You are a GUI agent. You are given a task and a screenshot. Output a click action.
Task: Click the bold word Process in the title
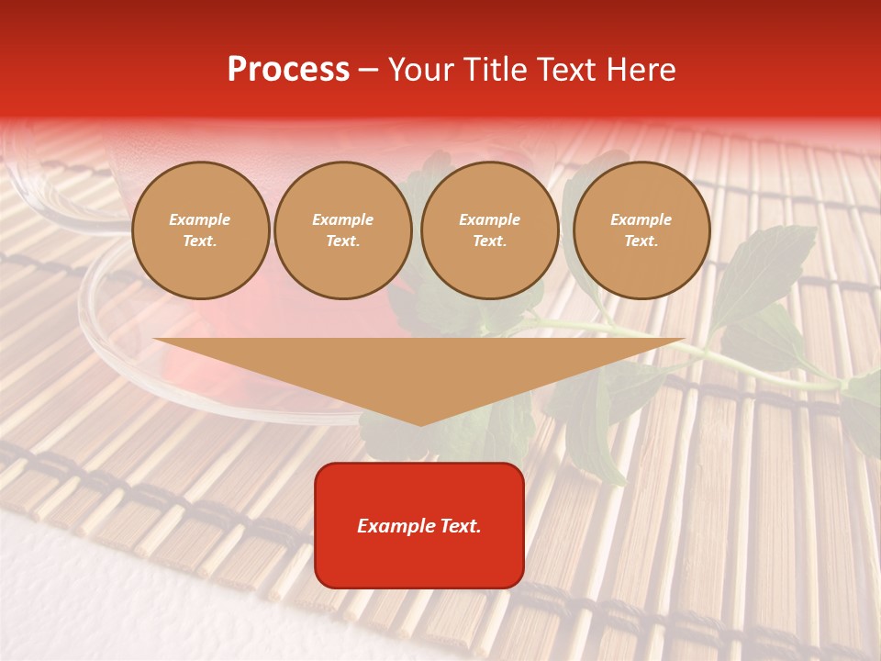coord(288,70)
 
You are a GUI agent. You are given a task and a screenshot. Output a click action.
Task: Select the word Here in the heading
coord(637,70)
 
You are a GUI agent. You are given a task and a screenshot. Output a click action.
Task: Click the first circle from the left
coord(201,230)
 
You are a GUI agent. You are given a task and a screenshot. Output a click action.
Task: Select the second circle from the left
coord(343,230)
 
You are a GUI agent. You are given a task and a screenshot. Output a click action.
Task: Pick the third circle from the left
coord(490,230)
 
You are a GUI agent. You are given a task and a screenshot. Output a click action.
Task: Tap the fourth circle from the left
coord(641,230)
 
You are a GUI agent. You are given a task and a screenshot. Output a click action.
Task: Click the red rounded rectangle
coord(419,525)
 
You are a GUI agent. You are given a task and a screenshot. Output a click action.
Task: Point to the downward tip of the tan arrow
coord(420,424)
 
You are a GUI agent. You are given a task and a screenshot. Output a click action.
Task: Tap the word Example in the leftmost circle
coord(200,219)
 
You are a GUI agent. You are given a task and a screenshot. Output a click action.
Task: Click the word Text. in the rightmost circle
coord(641,241)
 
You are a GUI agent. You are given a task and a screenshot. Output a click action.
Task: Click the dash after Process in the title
coord(368,71)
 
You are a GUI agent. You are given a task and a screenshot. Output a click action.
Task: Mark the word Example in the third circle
coord(489,219)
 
